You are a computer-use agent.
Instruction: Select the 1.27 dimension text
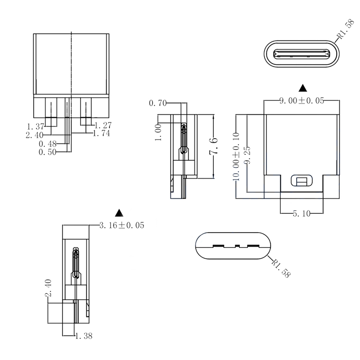pos(103,125)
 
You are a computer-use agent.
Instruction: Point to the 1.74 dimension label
pos(101,134)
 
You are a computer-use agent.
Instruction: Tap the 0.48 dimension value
pos(47,144)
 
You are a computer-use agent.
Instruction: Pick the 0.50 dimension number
pos(47,153)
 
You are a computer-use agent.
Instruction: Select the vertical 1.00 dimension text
pos(159,133)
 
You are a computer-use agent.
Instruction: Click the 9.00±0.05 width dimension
pos(301,101)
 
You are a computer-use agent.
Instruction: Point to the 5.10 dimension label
pos(301,214)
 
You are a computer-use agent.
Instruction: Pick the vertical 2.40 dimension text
pos(49,288)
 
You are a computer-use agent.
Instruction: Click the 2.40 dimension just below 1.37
pos(35,134)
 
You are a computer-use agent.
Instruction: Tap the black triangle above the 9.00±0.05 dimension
pos(302,87)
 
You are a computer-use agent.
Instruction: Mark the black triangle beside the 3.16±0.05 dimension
pos(119,212)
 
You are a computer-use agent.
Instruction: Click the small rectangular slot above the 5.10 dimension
pos(301,181)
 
